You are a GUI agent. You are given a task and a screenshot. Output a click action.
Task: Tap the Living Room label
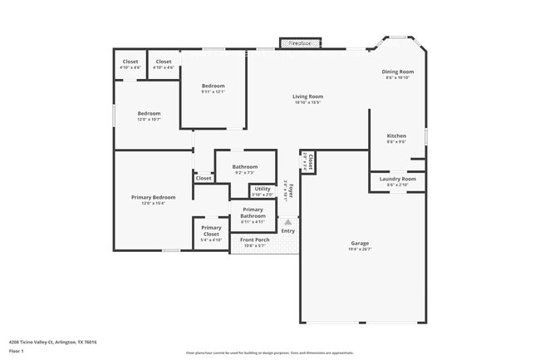pos(307,96)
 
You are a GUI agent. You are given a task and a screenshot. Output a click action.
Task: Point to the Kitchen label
pos(396,136)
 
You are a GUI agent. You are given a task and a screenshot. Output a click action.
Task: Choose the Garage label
pos(360,244)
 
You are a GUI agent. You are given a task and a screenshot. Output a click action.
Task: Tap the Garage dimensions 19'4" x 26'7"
pos(360,249)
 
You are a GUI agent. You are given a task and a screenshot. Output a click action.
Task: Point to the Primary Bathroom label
pos(253,213)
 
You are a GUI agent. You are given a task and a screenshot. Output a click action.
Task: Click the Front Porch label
pos(254,240)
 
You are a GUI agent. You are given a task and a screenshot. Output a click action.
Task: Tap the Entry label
pos(287,231)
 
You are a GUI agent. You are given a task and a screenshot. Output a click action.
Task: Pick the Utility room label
pos(263,190)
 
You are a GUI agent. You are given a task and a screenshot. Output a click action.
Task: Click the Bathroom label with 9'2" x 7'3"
pos(244,167)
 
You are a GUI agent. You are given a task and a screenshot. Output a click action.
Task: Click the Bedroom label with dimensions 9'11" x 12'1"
pos(213,86)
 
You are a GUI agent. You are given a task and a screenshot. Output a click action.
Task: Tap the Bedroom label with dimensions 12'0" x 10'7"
pos(149,114)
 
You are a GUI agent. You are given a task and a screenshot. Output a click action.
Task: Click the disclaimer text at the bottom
pos(270,353)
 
